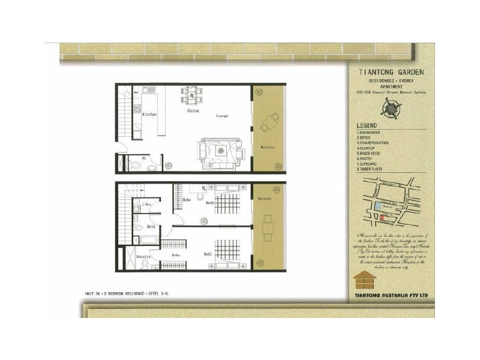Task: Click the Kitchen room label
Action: (x=149, y=113)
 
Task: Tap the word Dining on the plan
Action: (x=193, y=111)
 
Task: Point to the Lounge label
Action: (x=222, y=116)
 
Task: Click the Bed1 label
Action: (x=208, y=255)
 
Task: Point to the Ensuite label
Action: (x=143, y=256)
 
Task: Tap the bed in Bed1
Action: (x=227, y=252)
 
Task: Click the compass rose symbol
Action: (x=391, y=107)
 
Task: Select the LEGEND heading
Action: (x=367, y=125)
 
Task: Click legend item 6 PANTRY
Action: (x=366, y=157)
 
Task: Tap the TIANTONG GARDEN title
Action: (x=391, y=71)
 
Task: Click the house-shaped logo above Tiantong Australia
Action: (x=364, y=280)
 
